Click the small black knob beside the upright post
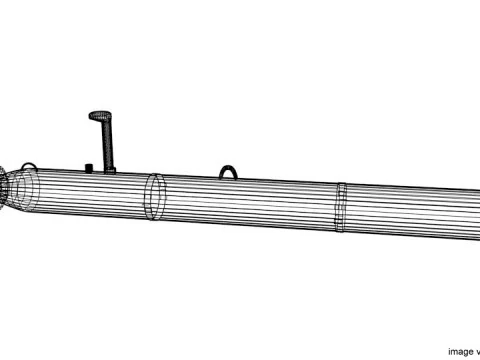tap(90, 165)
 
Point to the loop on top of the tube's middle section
tap(230, 172)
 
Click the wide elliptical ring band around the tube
tap(154, 198)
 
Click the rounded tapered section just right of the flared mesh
tap(28, 190)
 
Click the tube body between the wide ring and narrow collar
tap(250, 205)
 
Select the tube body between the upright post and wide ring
tap(125, 195)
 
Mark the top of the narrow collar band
tap(341, 184)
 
